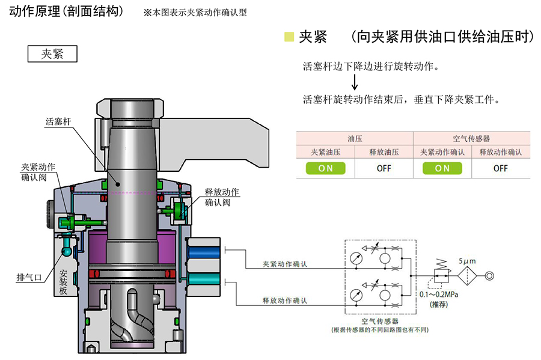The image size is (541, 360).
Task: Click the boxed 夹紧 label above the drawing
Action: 53,53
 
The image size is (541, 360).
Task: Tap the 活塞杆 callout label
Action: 58,121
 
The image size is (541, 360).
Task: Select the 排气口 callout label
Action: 28,278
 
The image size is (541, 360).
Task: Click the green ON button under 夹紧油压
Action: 325,168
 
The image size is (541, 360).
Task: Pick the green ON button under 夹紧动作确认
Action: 442,168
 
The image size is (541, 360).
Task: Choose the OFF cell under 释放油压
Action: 384,168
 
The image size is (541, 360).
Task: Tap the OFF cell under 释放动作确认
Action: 501,168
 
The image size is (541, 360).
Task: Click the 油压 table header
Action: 355,138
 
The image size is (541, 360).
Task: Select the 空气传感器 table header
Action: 471,138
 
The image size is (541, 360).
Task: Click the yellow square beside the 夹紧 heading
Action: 289,37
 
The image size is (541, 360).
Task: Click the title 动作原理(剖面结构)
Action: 67,11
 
